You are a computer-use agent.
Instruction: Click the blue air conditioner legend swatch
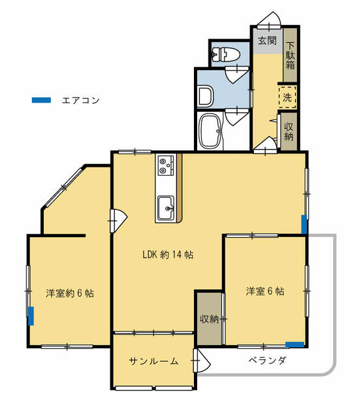[40, 101]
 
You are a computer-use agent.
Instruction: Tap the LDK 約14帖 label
[167, 255]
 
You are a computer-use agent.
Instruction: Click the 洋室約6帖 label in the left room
[69, 293]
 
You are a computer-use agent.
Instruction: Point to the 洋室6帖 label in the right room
[264, 291]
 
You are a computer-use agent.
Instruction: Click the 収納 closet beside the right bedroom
[209, 319]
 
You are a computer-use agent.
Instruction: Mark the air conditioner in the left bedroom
[31, 315]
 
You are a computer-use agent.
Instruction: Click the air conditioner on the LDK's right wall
[304, 223]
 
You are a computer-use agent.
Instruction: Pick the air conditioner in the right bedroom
[294, 344]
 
